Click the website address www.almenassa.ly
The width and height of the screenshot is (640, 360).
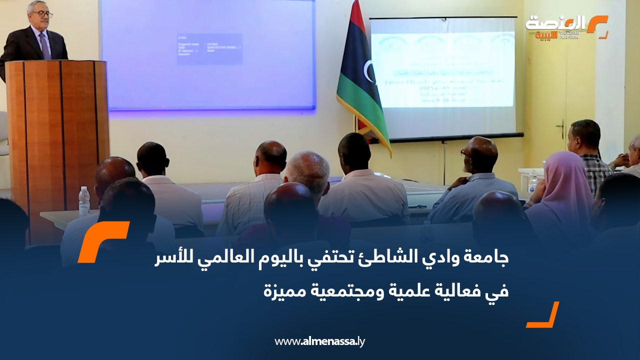[x=319, y=342]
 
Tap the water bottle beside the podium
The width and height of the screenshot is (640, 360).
[x=84, y=201]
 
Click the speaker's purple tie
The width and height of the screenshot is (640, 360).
[x=44, y=46]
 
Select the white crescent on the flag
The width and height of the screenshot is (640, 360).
[x=369, y=71]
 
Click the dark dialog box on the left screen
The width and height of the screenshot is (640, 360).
[x=209, y=49]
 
